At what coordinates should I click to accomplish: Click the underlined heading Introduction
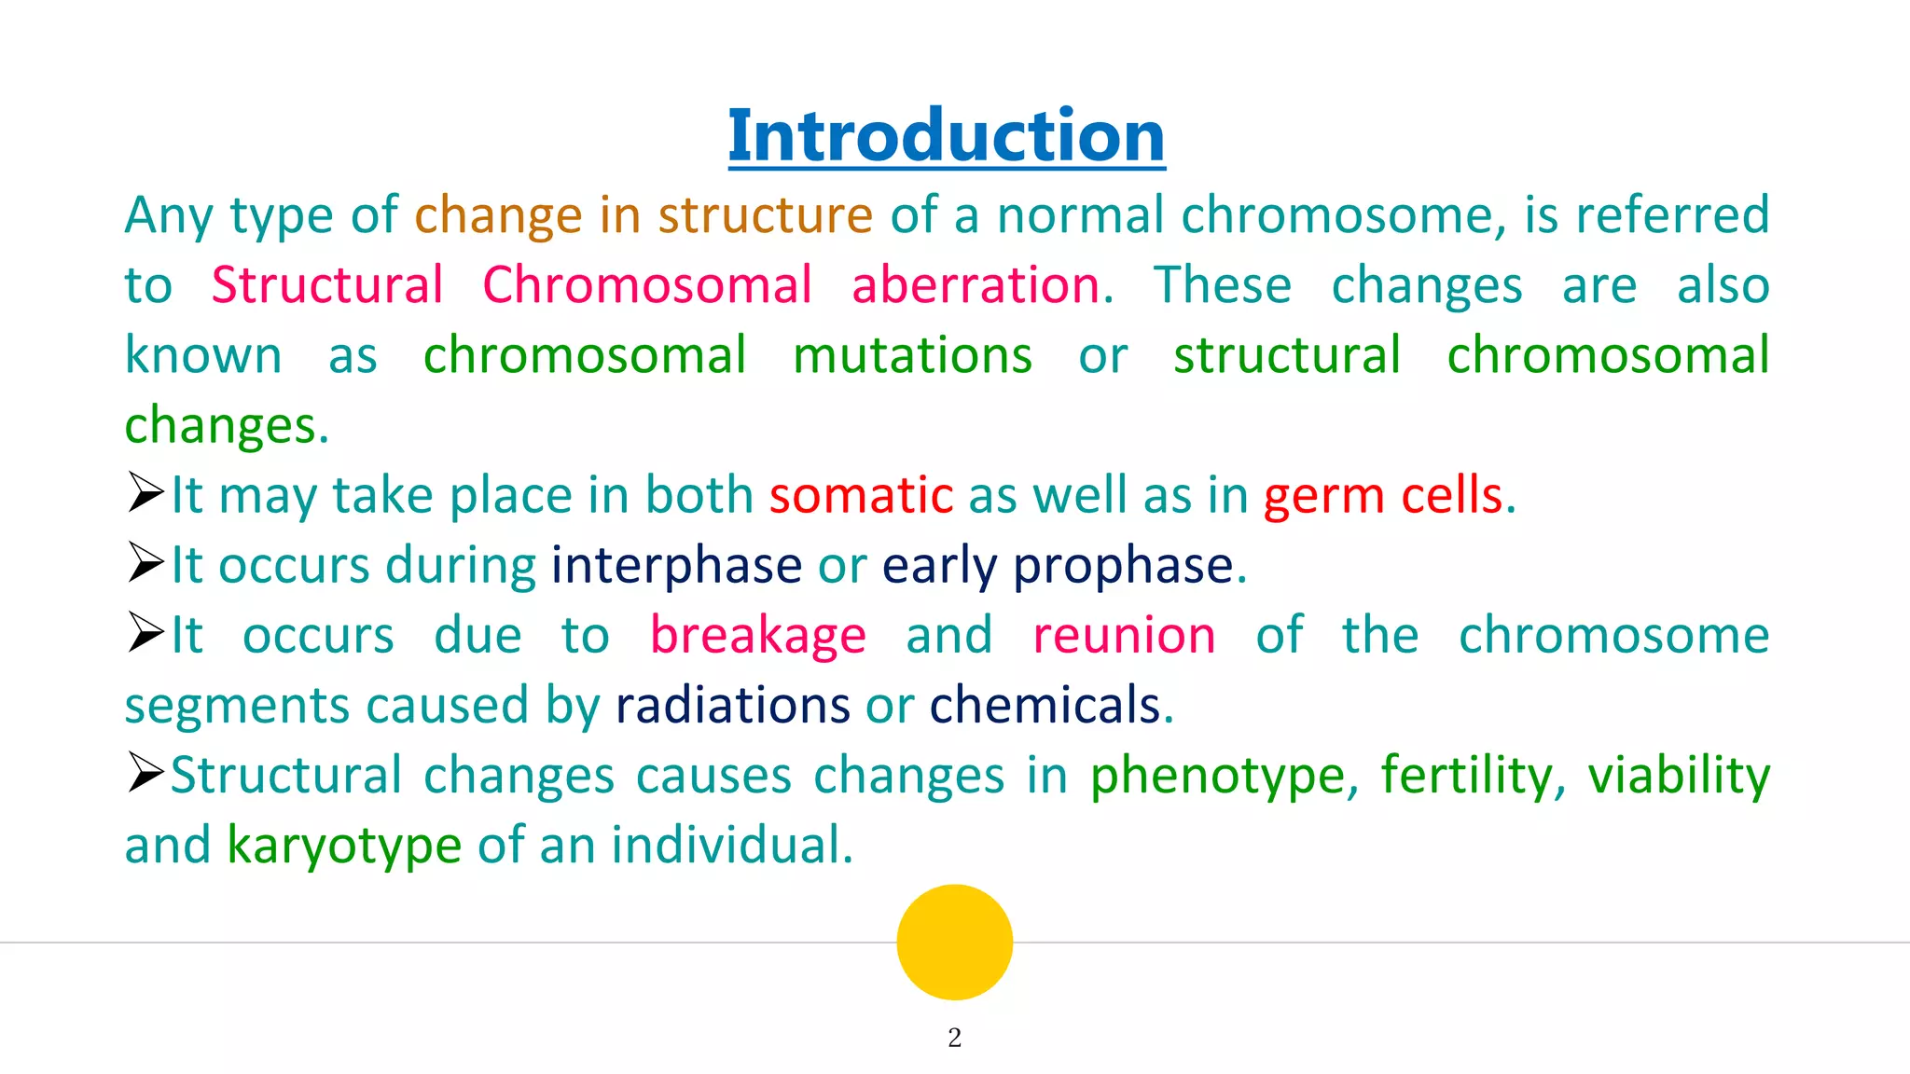pyautogui.click(x=946, y=136)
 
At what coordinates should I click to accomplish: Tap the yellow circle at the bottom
pyautogui.click(x=954, y=942)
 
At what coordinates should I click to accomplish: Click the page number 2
pyautogui.click(x=954, y=1038)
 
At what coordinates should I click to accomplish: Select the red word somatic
pyautogui.click(x=861, y=495)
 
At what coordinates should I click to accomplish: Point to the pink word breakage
pyautogui.click(x=757, y=636)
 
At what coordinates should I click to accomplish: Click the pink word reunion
pyautogui.click(x=1124, y=636)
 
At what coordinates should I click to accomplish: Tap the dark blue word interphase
pyautogui.click(x=676, y=566)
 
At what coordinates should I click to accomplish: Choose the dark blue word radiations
pyautogui.click(x=732, y=706)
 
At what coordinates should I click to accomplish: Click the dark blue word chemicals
pyautogui.click(x=1045, y=706)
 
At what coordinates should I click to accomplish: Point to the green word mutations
pyautogui.click(x=912, y=356)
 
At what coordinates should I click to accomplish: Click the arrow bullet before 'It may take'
pyautogui.click(x=145, y=493)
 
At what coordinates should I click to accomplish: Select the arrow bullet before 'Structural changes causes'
pyautogui.click(x=145, y=773)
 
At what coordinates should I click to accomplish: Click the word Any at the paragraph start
pyautogui.click(x=169, y=216)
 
